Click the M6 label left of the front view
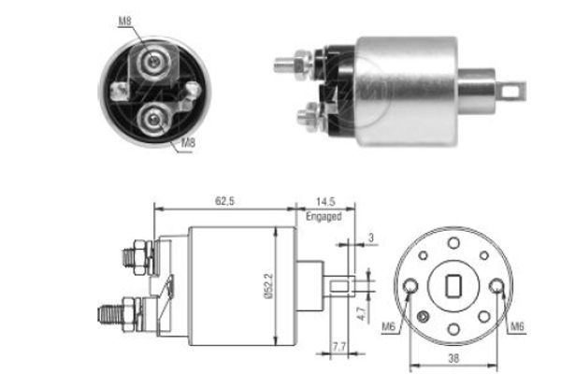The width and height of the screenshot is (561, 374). pyautogui.click(x=392, y=327)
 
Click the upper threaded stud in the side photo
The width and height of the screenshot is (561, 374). pyautogui.click(x=285, y=65)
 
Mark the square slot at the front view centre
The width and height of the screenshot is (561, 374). pyautogui.click(x=458, y=286)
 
